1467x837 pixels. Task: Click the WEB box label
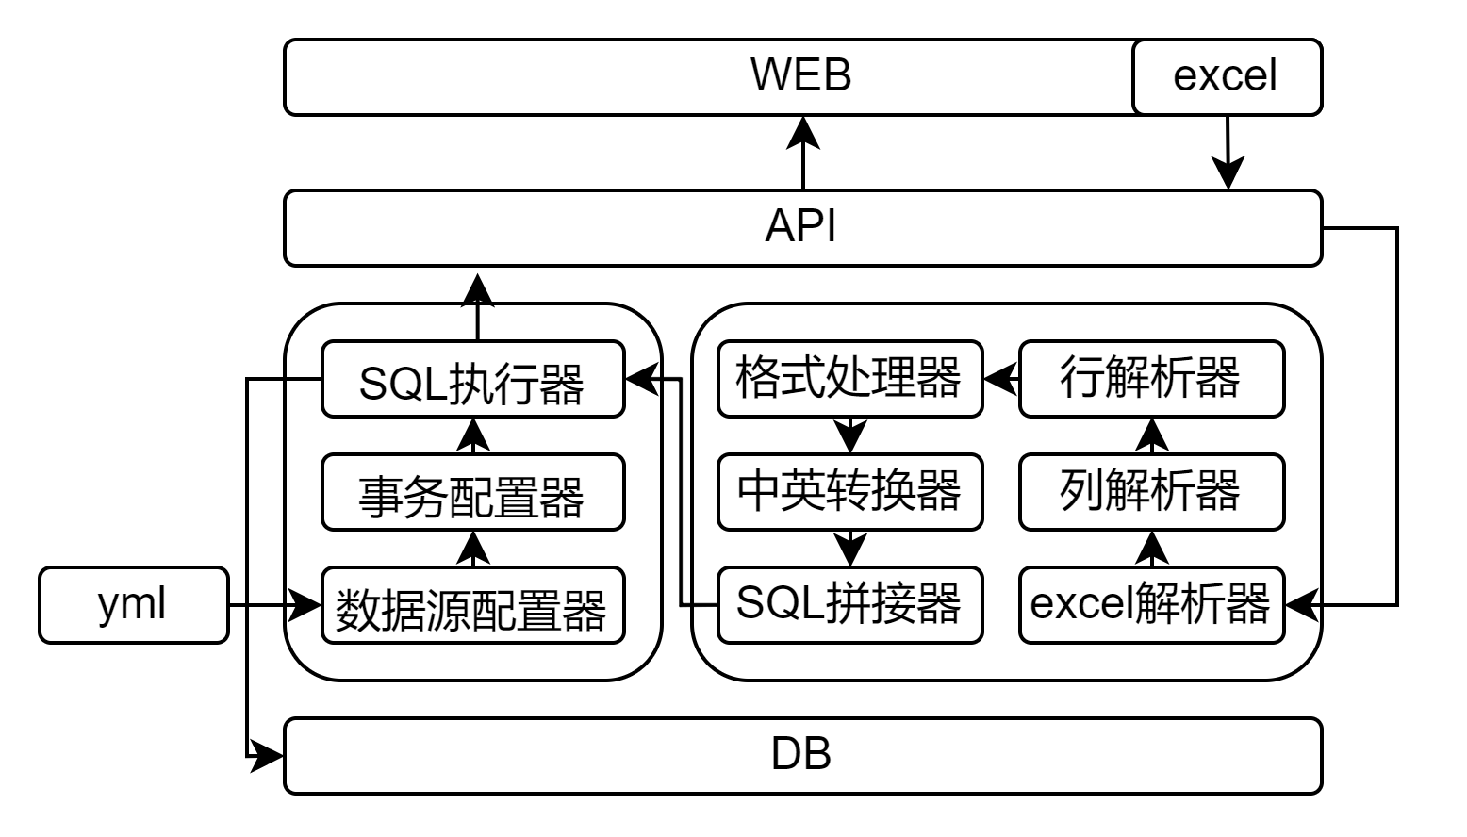pyautogui.click(x=800, y=75)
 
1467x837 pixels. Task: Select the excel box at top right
pyautogui.click(x=1226, y=76)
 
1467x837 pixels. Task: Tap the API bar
pyautogui.click(x=801, y=227)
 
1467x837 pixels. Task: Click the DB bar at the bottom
pyautogui.click(x=801, y=755)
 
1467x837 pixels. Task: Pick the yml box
pyautogui.click(x=133, y=604)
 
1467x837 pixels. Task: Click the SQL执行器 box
pyautogui.click(x=472, y=379)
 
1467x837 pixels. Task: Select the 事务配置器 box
pyautogui.click(x=472, y=492)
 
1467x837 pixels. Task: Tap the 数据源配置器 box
pyautogui.click(x=472, y=605)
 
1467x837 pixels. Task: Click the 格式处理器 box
pyautogui.click(x=849, y=379)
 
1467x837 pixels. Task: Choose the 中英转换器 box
pyautogui.click(x=849, y=492)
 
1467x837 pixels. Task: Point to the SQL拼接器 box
pyautogui.click(x=849, y=605)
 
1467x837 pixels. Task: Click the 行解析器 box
pyautogui.click(x=1151, y=379)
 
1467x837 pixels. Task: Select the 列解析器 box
pyautogui.click(x=1151, y=492)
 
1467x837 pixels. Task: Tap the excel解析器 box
pyautogui.click(x=1151, y=605)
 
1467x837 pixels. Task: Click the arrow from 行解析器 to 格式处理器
pyautogui.click(x=1001, y=379)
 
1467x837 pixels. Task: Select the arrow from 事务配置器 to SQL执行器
pyautogui.click(x=473, y=435)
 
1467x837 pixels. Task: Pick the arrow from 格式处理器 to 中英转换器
pyautogui.click(x=850, y=435)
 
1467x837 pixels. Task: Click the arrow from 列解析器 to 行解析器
pyautogui.click(x=1152, y=435)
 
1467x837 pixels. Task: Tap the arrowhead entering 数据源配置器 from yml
pyautogui.click(x=304, y=604)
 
